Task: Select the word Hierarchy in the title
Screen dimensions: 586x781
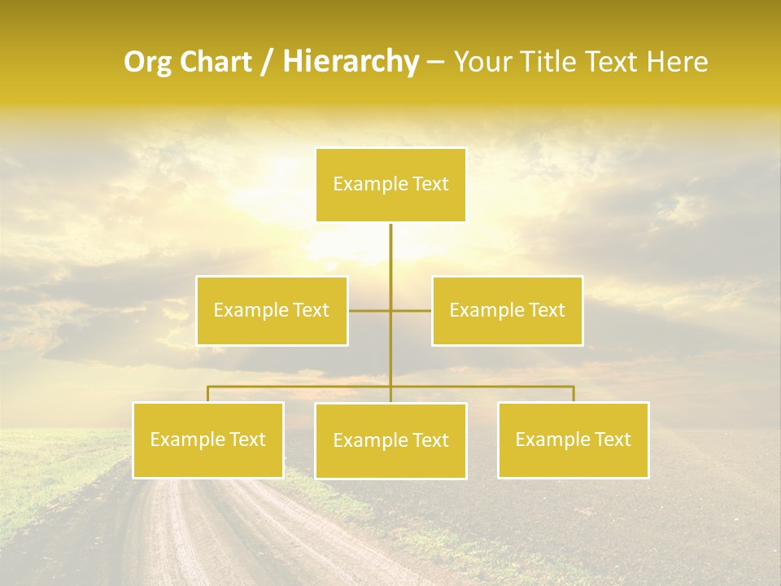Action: [x=351, y=62]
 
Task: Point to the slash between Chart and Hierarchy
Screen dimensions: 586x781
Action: [x=268, y=62]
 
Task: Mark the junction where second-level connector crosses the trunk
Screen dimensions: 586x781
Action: [x=390, y=310]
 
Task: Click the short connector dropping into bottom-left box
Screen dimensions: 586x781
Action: [x=208, y=394]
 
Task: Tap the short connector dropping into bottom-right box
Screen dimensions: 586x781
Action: [x=573, y=394]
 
